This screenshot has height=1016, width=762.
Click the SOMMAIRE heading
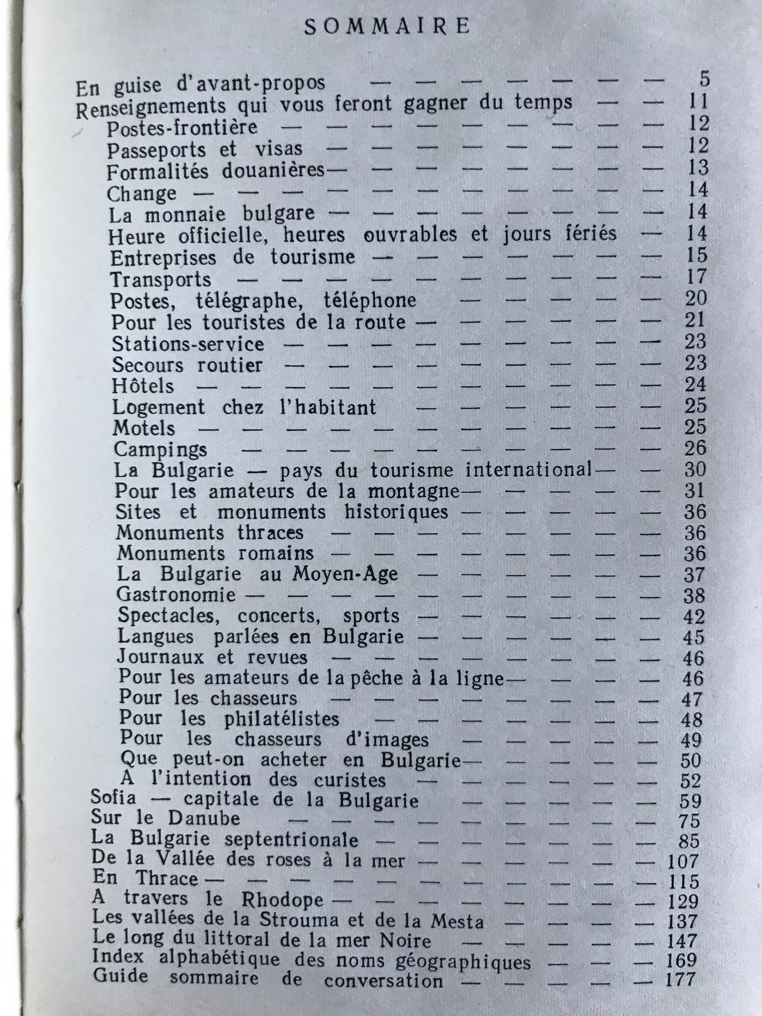(387, 26)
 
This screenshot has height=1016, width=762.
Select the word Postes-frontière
(182, 128)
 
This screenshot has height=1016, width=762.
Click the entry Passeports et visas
(205, 149)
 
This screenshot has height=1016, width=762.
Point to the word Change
(142, 194)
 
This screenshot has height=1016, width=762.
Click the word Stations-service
(188, 344)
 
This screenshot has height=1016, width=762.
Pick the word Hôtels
(143, 387)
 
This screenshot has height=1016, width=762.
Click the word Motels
(144, 429)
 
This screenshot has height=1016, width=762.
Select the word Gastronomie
(176, 594)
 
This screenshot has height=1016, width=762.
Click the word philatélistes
(281, 719)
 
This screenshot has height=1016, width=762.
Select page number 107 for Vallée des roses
(683, 861)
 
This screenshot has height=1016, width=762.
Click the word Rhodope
(282, 900)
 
